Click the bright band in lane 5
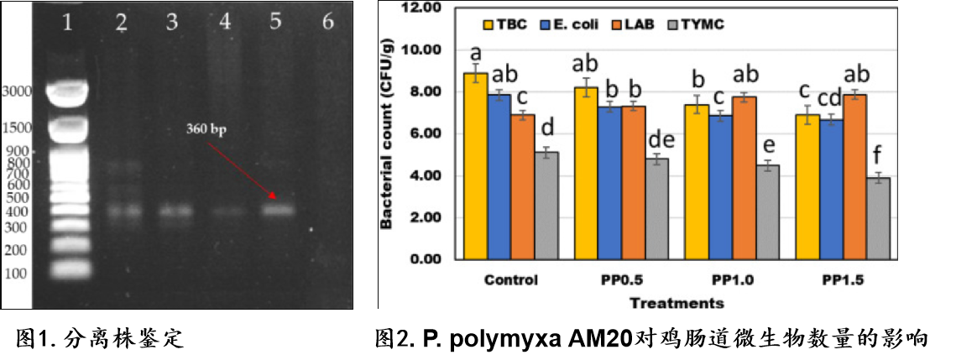click(279, 211)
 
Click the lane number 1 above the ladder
click(68, 23)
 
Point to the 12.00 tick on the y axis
click(423, 8)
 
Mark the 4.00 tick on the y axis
click(426, 176)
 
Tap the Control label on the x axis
click(511, 279)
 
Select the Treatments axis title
click(677, 303)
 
